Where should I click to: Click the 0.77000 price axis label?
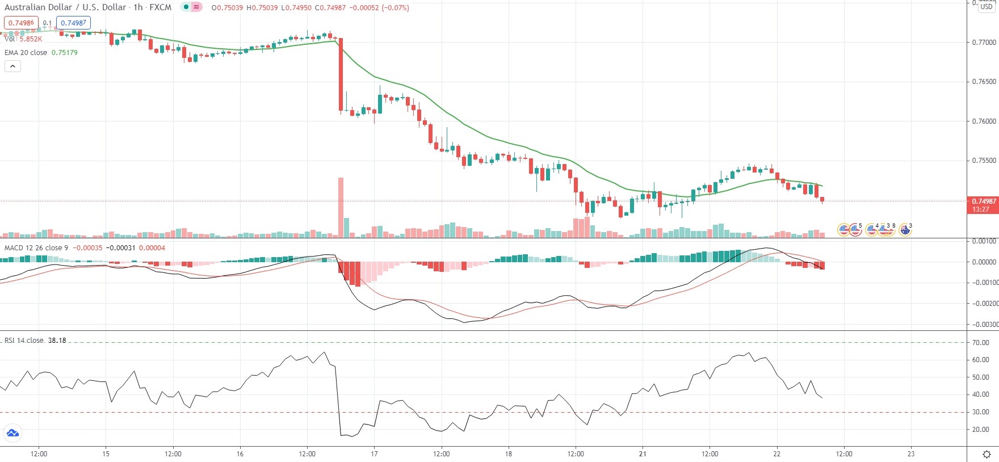984,43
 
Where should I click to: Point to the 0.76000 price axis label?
984,121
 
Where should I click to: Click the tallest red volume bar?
341,207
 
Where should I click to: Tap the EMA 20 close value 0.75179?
65,53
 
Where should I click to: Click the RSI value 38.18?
57,341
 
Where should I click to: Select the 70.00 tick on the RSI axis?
980,343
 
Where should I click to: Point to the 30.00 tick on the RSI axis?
980,413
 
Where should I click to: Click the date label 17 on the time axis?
374,453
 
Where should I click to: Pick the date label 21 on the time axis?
643,453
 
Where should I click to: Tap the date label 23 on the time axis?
911,453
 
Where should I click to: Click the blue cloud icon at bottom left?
12,434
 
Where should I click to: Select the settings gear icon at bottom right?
987,454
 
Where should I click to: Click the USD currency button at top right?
987,7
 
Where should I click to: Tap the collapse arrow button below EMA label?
12,66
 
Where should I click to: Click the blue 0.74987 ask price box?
74,23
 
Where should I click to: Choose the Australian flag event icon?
905,230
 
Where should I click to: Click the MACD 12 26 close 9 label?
36,248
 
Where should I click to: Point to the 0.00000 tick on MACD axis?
984,262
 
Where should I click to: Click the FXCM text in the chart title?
160,7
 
